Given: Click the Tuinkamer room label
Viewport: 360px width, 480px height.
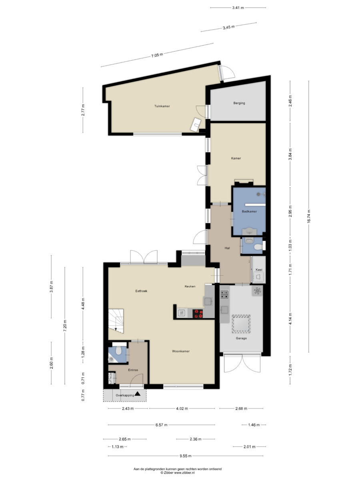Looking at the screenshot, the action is pos(162,106).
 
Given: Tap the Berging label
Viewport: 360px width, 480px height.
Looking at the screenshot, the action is pos(239,103).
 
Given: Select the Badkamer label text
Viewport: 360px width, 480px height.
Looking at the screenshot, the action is pos(249,212).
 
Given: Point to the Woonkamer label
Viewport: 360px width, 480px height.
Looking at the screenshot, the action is pos(181,351).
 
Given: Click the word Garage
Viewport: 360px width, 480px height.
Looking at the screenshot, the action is pos(241,338).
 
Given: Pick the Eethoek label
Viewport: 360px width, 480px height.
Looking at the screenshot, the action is pos(141,291).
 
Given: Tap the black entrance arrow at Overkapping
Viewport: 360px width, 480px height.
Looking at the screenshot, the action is pos(137,394).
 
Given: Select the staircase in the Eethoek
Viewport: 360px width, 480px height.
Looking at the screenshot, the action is pos(116,321).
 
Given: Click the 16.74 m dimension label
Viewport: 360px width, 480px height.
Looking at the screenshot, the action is pos(309,216).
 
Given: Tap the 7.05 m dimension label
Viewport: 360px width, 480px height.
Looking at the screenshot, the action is pos(157,55).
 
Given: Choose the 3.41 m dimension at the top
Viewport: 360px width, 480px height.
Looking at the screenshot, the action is pos(238,8).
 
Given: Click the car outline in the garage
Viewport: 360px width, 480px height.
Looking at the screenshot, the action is pos(241,324).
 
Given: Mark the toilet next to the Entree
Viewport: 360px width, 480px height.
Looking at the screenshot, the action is pos(118,351).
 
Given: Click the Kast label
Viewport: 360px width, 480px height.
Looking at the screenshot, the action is pos(259,270).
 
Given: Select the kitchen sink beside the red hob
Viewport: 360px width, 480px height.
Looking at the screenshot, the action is pos(182,313).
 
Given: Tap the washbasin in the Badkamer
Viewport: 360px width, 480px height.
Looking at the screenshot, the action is pos(249,231).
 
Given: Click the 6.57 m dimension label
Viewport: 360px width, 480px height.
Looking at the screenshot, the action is pos(162,425).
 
